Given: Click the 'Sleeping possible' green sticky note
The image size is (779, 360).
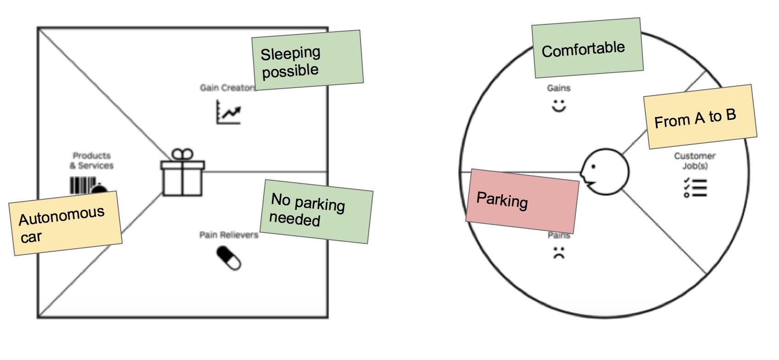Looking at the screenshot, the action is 307,60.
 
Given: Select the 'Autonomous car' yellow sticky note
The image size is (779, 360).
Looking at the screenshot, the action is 65,223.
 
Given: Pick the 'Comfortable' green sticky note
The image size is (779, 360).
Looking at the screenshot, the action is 587,48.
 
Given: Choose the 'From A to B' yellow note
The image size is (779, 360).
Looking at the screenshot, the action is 700,117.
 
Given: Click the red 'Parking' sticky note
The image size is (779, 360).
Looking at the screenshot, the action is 522,201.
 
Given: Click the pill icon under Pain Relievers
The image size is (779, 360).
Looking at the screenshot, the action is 229,258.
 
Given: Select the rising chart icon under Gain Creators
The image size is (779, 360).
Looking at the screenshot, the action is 228,112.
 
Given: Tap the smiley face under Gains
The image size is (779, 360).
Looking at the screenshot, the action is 559,106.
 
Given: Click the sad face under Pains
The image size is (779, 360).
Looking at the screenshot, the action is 559,253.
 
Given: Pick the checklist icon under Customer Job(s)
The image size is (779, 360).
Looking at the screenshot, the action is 694,187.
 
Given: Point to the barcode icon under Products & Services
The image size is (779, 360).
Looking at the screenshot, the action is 83,185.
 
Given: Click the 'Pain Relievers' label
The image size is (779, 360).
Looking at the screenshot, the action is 229,235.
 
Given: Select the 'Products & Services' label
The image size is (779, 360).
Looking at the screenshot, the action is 91,161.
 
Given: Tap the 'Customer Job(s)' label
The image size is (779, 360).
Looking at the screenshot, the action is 694,161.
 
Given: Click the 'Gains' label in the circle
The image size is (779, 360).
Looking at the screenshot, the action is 559,88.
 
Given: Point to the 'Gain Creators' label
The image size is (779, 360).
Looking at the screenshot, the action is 226,88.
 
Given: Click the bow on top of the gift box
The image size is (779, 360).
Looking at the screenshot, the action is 182,154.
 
